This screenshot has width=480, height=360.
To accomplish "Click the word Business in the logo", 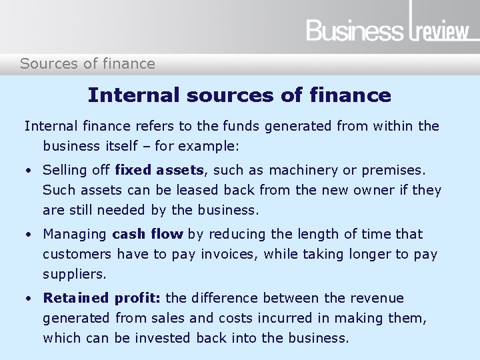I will click(354, 31).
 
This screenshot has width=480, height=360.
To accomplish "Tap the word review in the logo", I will click(443, 31).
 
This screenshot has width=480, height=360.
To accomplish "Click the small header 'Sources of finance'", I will click(87, 64).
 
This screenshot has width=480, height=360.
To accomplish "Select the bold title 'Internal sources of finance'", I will click(239, 95).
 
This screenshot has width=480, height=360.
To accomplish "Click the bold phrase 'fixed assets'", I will click(159, 170).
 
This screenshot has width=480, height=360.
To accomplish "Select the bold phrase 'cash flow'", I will click(148, 234).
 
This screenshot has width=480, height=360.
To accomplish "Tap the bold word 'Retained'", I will click(75, 298).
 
